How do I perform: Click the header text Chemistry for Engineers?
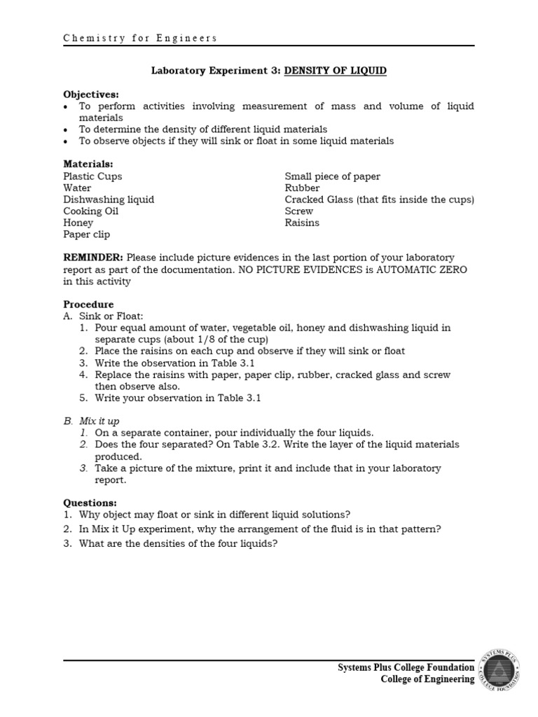[140, 39]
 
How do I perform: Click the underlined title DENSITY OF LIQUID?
[335, 71]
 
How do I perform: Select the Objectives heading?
[91, 94]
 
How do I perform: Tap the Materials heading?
[88, 164]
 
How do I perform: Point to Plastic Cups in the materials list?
[92, 176]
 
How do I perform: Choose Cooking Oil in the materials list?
[92, 211]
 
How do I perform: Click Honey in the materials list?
[78, 223]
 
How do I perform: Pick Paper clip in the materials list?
[86, 235]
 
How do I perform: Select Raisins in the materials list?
[302, 223]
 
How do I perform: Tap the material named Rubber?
[302, 188]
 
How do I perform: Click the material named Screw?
[299, 211]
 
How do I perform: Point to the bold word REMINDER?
[93, 258]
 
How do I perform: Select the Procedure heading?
[88, 305]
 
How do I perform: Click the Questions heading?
[90, 502]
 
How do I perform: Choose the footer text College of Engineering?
[427, 679]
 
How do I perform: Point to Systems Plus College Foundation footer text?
[406, 668]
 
